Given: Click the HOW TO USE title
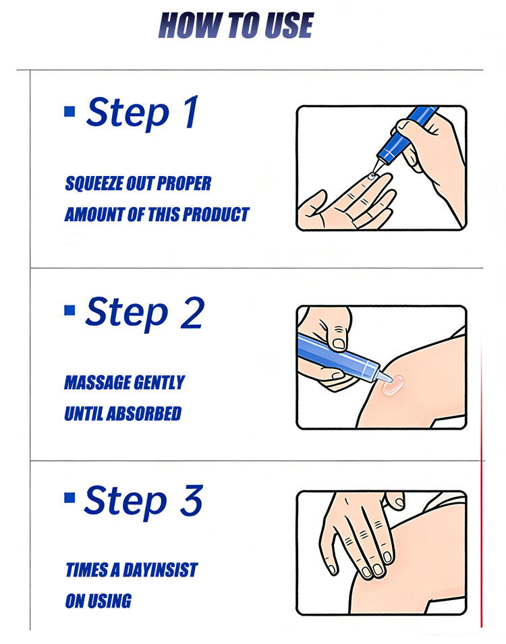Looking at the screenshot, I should (235, 26).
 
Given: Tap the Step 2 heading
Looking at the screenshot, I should (144, 313).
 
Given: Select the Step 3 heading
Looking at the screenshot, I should (143, 501).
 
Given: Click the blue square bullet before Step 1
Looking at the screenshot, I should (69, 111).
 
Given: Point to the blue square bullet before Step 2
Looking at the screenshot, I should (69, 310).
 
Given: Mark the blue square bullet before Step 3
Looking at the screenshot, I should (69, 498).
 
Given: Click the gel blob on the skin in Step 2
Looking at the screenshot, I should (393, 385).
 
